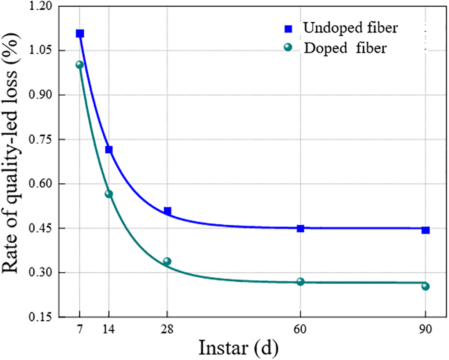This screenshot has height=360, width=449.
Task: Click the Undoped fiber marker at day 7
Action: coord(80,33)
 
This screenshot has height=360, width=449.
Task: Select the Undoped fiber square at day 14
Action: coord(109,150)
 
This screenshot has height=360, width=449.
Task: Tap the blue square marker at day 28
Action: coord(167,211)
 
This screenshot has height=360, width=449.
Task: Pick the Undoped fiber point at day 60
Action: coord(300,228)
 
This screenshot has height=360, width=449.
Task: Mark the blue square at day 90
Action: coord(425,230)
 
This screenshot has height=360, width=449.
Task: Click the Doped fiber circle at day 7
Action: coord(79,64)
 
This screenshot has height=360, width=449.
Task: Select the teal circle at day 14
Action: coord(109,194)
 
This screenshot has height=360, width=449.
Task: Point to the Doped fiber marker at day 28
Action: coord(167,261)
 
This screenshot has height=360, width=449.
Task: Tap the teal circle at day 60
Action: coord(300,282)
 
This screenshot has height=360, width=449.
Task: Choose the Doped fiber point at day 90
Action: coord(425,286)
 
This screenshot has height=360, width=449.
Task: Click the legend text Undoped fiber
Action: coord(350,28)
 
